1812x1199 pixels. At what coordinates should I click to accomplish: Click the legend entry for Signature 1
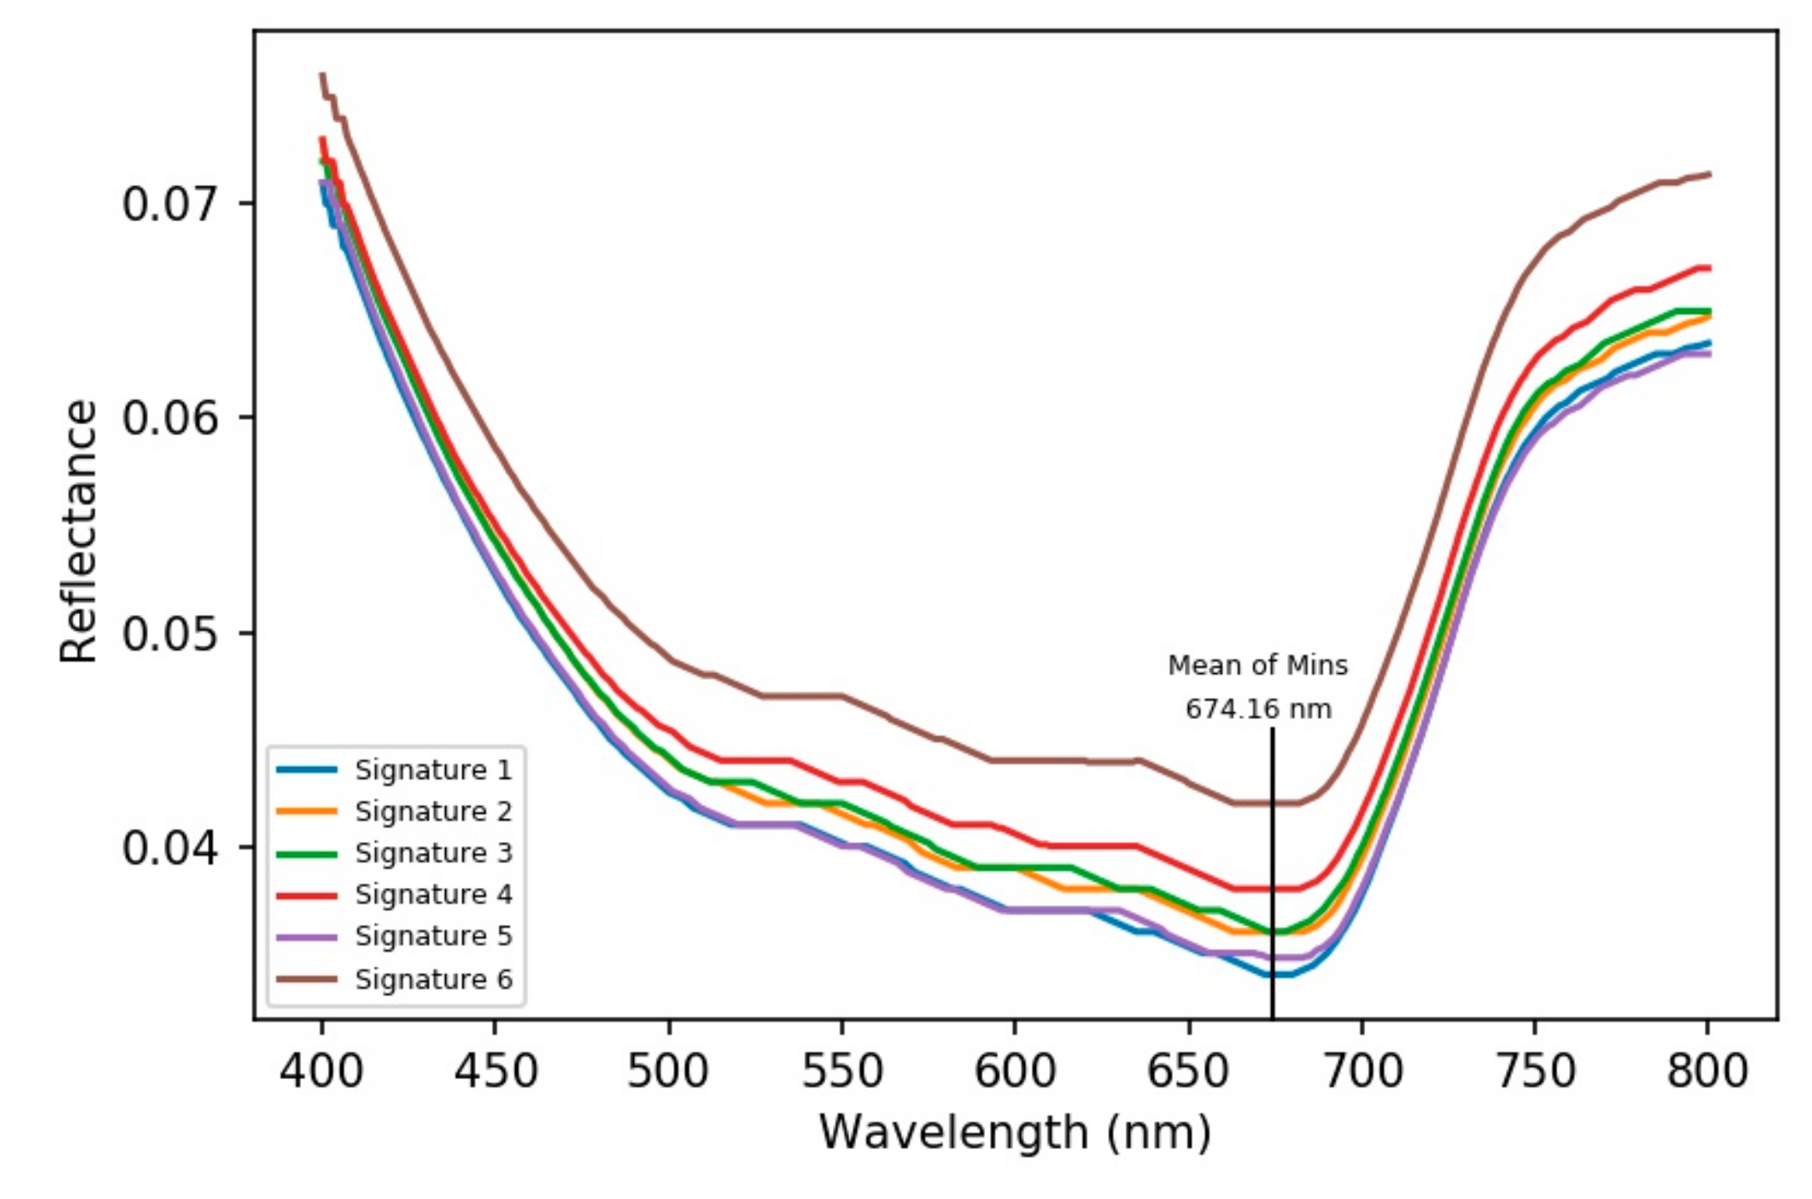point(433,770)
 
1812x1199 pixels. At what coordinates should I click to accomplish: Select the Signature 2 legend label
point(433,811)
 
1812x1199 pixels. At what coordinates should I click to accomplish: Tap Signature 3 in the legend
point(433,853)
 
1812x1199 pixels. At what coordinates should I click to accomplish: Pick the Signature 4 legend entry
point(433,894)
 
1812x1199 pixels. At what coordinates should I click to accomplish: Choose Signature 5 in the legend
point(433,936)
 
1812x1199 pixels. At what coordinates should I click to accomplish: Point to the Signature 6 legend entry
point(433,979)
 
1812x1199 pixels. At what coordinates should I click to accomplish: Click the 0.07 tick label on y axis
point(171,204)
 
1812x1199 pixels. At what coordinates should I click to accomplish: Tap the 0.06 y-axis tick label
point(171,417)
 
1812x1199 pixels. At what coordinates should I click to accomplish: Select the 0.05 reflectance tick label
point(171,633)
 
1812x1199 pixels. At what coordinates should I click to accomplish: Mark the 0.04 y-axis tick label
point(171,848)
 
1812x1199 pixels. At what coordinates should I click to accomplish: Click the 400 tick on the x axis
point(321,1071)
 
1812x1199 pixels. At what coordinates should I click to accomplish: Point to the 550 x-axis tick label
point(842,1071)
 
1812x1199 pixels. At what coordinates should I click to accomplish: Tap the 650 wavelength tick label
point(1188,1071)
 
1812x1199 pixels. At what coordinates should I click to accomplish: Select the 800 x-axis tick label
point(1707,1071)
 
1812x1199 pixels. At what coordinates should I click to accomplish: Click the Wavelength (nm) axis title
point(1015,1132)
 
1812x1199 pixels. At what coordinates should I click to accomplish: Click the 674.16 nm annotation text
point(1258,709)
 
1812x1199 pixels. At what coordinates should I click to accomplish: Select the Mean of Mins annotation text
point(1258,666)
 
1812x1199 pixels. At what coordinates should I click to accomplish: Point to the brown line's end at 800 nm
point(1708,174)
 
